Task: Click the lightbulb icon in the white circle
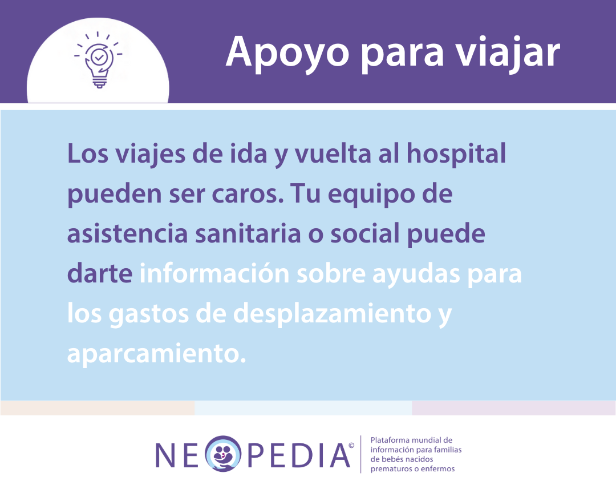coord(98,60)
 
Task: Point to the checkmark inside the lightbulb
coord(99,58)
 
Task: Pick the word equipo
coord(371,195)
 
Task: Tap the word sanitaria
coord(248,233)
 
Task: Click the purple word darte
coord(100,274)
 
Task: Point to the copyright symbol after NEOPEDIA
coord(351,446)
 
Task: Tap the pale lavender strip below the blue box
coord(513,408)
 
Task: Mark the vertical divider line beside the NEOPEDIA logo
coord(360,454)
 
